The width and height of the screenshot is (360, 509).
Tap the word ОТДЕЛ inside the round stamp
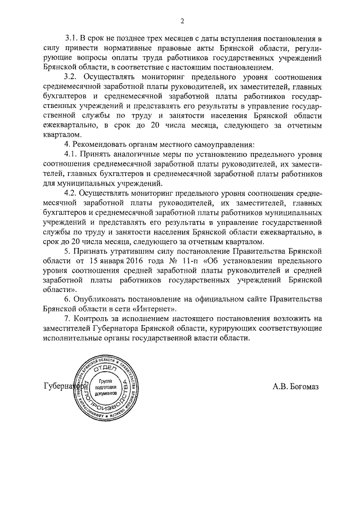click(105, 368)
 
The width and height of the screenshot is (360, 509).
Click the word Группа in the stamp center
click(105, 381)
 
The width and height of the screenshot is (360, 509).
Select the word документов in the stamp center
click(105, 394)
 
